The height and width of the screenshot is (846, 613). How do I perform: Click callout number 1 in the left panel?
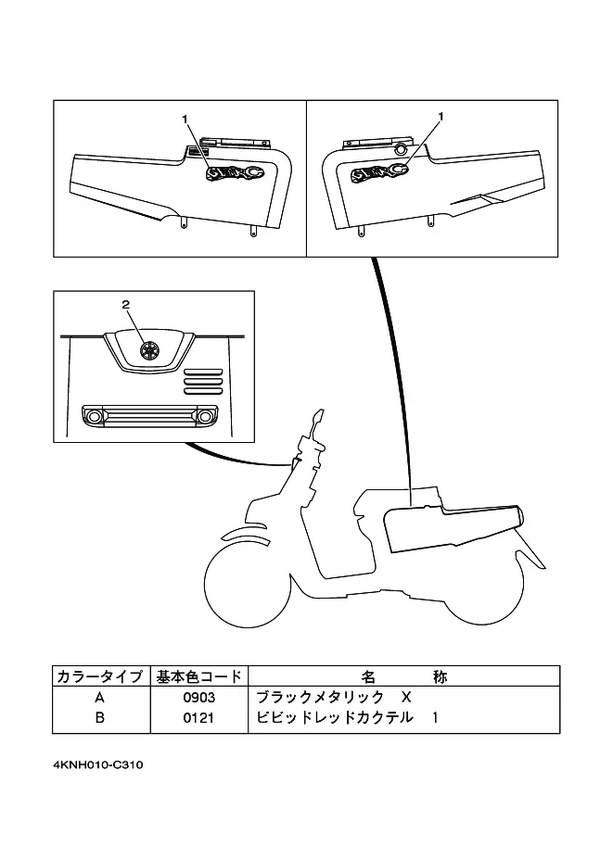click(185, 120)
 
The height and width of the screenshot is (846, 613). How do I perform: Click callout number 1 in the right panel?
click(441, 116)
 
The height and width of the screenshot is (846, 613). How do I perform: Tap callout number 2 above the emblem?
click(126, 305)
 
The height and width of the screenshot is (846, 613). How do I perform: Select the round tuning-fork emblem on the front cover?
click(147, 349)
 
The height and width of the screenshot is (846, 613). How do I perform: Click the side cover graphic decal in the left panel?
click(235, 172)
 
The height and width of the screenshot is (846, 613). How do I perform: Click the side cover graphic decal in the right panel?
click(379, 172)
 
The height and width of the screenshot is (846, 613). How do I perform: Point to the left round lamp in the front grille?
click(95, 416)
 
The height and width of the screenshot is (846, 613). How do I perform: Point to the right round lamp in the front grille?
click(205, 416)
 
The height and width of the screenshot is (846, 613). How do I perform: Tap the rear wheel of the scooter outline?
click(483, 593)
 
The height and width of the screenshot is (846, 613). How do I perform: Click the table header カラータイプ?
click(100, 676)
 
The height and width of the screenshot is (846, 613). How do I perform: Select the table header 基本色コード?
click(198, 676)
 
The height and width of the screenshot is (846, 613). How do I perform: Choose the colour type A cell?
click(99, 698)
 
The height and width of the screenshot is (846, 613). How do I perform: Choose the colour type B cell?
click(99, 718)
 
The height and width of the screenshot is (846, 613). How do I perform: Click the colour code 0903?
click(198, 698)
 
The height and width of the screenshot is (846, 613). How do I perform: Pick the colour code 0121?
click(198, 718)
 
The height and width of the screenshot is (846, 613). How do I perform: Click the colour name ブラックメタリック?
click(320, 697)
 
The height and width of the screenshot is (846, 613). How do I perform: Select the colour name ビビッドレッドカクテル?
click(335, 717)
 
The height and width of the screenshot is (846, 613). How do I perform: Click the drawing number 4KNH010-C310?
click(98, 764)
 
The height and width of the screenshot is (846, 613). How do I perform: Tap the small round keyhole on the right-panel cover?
click(401, 149)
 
